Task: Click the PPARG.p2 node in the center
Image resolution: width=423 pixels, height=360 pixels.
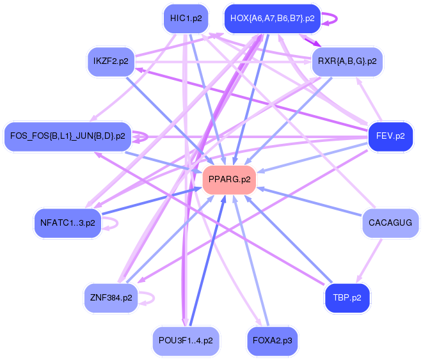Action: point(229,180)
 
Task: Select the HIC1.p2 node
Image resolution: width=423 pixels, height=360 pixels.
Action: point(186,19)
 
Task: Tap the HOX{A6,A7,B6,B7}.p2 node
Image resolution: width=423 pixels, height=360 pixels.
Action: point(272,19)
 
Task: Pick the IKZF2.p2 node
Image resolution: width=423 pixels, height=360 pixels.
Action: point(111,61)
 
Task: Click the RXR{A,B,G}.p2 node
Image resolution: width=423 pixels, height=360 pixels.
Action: point(347,61)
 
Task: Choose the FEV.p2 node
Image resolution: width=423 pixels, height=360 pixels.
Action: point(390,136)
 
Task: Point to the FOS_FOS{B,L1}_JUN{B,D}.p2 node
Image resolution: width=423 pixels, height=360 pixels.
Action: point(67,136)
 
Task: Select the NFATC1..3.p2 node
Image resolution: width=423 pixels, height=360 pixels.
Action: point(67,223)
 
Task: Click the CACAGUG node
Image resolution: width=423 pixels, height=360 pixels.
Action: point(390,223)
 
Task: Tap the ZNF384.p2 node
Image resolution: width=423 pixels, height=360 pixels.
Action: point(111,298)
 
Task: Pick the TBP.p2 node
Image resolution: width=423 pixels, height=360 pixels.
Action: point(347,298)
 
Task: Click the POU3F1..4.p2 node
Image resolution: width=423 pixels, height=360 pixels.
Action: point(186,341)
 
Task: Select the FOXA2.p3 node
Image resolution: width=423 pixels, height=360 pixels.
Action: point(272,341)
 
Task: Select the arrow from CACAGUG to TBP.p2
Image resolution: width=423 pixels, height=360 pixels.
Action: point(369,261)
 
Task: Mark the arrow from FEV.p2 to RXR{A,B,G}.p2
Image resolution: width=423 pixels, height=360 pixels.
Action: point(369,99)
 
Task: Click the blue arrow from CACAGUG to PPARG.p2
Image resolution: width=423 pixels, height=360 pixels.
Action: point(309,201)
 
